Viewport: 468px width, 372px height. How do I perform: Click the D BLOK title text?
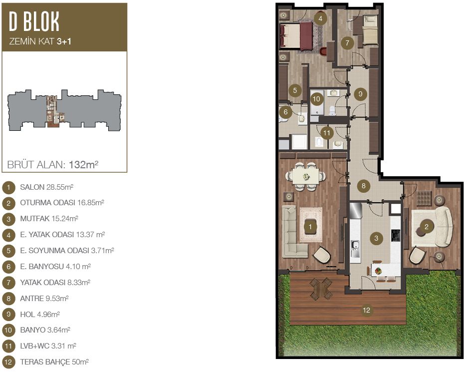(x=34, y=21)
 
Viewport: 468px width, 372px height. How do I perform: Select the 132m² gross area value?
(x=84, y=164)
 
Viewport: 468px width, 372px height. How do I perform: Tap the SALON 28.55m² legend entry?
(x=46, y=187)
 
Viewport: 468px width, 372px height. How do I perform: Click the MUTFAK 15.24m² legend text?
(x=49, y=219)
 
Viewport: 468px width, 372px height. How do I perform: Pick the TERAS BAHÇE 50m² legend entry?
(x=54, y=362)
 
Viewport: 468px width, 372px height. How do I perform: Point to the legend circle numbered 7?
(x=8, y=283)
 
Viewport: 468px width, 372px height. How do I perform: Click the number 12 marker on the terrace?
(x=366, y=310)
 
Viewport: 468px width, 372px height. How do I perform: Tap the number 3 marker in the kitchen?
(x=376, y=238)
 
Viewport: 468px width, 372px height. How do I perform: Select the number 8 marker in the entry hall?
(x=364, y=186)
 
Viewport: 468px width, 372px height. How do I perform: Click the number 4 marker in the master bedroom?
(x=320, y=18)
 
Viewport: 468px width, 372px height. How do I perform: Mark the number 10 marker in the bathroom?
(x=316, y=99)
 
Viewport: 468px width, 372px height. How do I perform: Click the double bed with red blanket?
(x=296, y=36)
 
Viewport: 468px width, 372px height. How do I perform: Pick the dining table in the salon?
(x=306, y=177)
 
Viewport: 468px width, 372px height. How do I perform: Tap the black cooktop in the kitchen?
(x=396, y=235)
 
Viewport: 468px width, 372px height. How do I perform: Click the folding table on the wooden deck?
(x=321, y=288)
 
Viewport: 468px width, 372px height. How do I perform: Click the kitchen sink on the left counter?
(x=355, y=249)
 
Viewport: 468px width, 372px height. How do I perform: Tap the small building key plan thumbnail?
(x=64, y=110)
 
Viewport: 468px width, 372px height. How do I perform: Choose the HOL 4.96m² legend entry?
(x=40, y=315)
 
